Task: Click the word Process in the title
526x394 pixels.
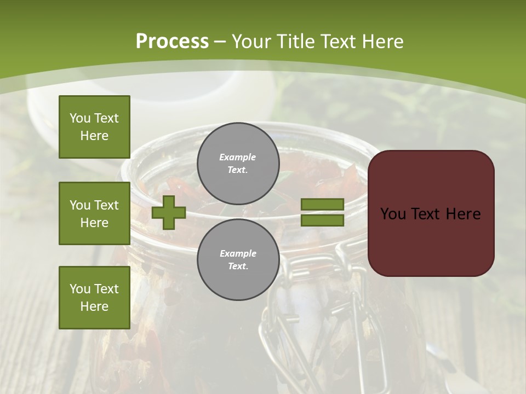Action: [172, 42]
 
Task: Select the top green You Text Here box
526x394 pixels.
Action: [94, 127]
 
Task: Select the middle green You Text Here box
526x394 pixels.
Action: [94, 213]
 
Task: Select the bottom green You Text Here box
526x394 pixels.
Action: [94, 297]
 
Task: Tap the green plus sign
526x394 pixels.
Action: [169, 212]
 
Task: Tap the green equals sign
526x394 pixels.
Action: [322, 212]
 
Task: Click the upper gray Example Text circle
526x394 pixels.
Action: [238, 163]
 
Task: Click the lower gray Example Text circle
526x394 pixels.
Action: [238, 259]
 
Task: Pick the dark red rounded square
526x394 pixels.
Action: [431, 213]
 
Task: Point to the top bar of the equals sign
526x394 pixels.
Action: [322, 205]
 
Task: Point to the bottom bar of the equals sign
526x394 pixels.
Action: [322, 220]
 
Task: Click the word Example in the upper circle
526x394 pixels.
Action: [238, 157]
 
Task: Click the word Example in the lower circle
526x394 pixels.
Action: [238, 253]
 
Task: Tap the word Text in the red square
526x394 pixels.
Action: [427, 213]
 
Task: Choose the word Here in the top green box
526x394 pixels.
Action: [94, 136]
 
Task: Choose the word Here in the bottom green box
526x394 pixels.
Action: [94, 306]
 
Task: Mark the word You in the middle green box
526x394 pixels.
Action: [80, 205]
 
